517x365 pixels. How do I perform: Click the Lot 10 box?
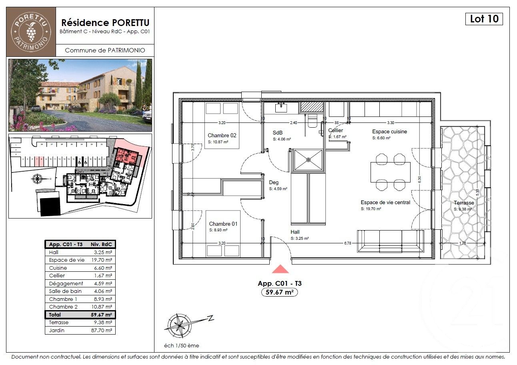pos(484,19)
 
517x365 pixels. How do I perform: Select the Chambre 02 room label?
pos(222,135)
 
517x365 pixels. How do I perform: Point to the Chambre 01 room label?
pos(223,224)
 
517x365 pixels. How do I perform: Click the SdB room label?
pos(277,132)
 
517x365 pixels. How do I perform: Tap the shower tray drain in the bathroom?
pos(308,160)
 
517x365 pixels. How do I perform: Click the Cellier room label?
pos(335,130)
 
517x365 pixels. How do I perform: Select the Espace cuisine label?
pos(389,132)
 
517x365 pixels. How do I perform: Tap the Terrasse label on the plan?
pos(464,203)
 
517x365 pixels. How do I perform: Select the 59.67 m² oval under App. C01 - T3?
pos(280,292)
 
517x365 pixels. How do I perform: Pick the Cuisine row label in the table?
pos(58,268)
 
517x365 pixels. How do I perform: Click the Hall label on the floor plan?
pos(295,232)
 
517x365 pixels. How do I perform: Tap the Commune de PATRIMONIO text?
pos(105,50)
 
